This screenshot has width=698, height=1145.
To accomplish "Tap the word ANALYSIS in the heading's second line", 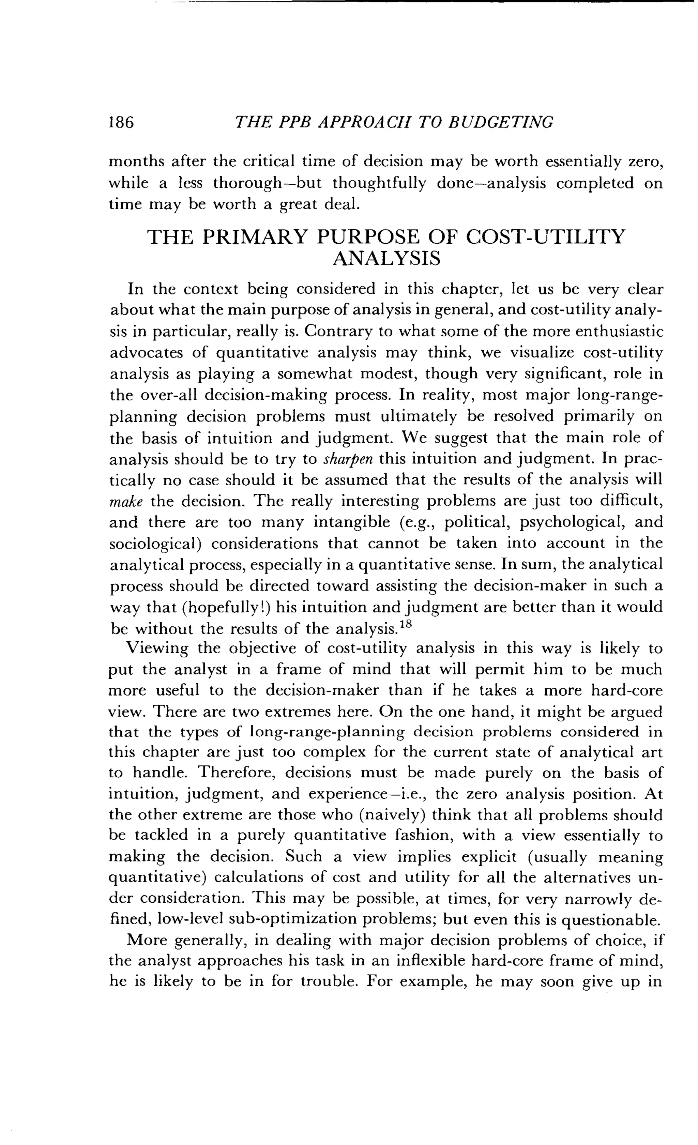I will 386,258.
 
